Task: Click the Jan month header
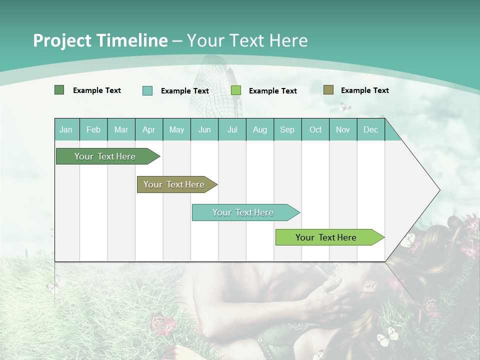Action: pyautogui.click(x=66, y=129)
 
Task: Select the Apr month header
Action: pyautogui.click(x=148, y=129)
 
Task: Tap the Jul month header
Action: pyautogui.click(x=232, y=129)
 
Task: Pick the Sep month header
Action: pyautogui.click(x=287, y=129)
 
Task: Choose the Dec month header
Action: pyautogui.click(x=370, y=129)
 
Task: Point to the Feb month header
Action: pyautogui.click(x=93, y=129)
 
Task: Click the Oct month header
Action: pyautogui.click(x=315, y=129)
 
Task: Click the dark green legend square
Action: pyautogui.click(x=59, y=90)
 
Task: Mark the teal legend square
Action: pyautogui.click(x=147, y=90)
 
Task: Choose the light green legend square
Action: pyautogui.click(x=236, y=90)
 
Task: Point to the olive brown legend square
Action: pyautogui.click(x=328, y=90)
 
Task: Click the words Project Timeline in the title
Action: pyautogui.click(x=100, y=40)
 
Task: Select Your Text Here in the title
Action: pyautogui.click(x=247, y=40)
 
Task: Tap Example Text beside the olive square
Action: pyautogui.click(x=364, y=90)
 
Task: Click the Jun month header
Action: pyautogui.click(x=204, y=129)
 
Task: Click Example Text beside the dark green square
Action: pyautogui.click(x=97, y=90)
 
